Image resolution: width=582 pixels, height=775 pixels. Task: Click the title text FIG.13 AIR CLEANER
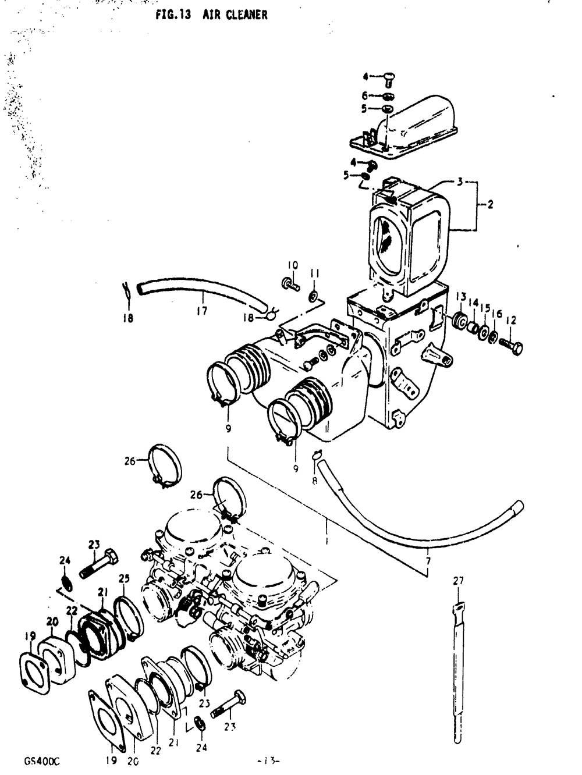tap(211, 15)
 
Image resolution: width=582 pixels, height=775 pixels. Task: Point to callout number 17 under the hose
tap(201, 311)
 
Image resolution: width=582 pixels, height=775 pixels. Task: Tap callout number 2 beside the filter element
tap(491, 205)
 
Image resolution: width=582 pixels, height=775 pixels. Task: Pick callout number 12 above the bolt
tap(510, 319)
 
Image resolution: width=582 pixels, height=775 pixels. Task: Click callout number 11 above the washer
tap(315, 273)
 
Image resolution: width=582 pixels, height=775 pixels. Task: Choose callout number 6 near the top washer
tap(365, 95)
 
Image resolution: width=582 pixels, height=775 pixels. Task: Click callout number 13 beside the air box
tap(461, 297)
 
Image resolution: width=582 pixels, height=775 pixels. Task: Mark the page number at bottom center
tap(268, 760)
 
